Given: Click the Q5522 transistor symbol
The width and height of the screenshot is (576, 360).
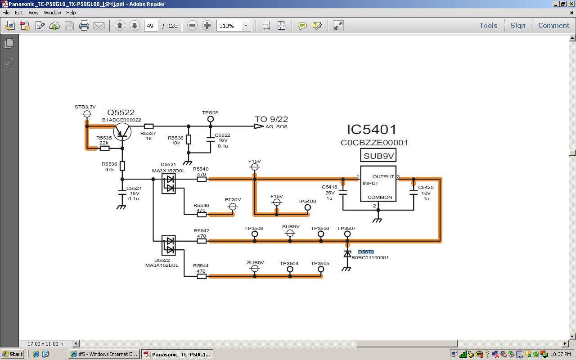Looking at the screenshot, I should pos(122,130).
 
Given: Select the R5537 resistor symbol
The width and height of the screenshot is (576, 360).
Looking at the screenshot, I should pos(148,126).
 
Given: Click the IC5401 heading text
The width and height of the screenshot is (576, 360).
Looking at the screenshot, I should pos(372,130).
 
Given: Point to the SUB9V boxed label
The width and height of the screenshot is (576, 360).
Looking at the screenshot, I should pos(378,156).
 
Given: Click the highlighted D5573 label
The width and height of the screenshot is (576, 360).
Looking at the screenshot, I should pos(366,252).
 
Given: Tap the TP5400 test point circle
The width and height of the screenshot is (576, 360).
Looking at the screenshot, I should pos(308,207).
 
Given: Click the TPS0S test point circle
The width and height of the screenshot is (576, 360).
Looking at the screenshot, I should pos(210,119).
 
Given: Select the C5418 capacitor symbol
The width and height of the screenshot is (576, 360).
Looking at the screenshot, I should pos(343,193).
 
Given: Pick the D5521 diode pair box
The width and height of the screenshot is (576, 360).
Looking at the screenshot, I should pos(169,184).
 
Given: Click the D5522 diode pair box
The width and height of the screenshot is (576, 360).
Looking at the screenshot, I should pos(169,245).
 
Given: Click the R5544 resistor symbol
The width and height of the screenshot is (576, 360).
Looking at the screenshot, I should pos(202,276).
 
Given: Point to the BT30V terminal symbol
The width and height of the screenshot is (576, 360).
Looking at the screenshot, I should pos(233,207).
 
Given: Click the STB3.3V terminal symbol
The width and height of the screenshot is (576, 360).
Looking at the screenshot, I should pos(87,114).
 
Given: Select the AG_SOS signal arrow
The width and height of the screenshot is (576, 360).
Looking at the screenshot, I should pos(259,126).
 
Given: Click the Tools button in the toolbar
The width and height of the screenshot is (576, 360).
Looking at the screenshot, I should pos(488,26).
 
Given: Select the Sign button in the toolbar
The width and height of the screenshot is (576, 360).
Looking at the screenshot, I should pos(517,26).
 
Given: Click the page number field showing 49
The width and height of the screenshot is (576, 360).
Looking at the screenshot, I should pos(150,26).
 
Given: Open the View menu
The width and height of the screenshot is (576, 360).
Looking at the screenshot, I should pos(33,13).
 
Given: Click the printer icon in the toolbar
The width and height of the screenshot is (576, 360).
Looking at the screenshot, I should pos(84,26).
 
